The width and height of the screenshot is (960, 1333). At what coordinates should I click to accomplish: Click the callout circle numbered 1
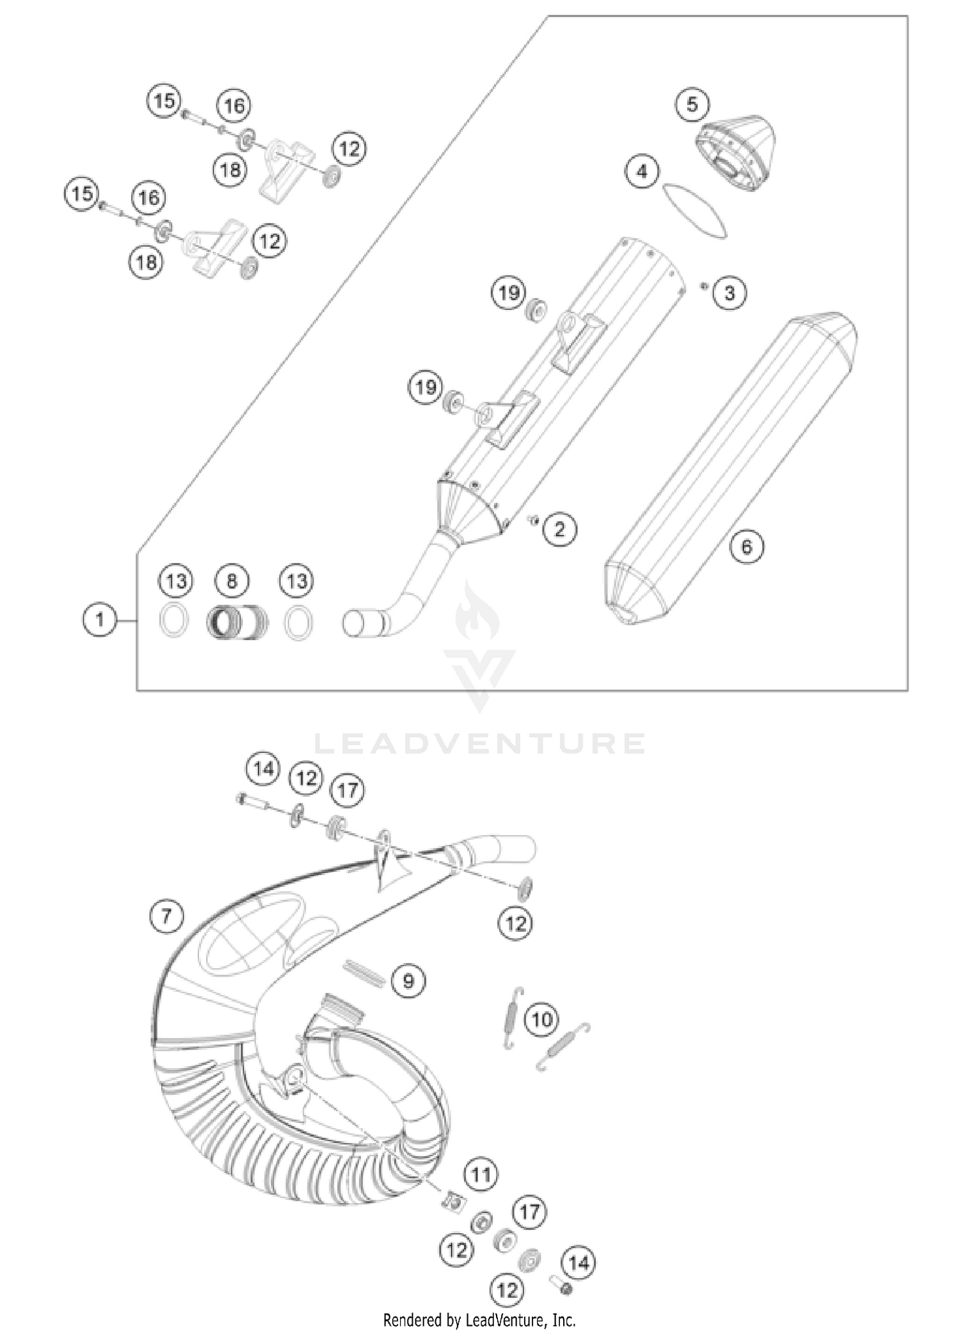click(100, 620)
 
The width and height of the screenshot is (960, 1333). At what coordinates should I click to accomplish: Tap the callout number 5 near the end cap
click(692, 104)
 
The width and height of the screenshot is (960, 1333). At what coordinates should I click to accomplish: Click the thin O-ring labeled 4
click(695, 212)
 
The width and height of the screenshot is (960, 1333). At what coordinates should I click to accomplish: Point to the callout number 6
click(747, 547)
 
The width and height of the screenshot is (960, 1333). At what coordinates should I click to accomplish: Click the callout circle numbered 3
click(729, 293)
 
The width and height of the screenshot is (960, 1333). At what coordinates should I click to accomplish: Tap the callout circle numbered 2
click(560, 529)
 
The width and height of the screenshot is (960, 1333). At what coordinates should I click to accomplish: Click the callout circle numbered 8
click(232, 581)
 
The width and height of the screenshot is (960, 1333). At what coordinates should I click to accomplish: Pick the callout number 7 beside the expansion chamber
click(166, 916)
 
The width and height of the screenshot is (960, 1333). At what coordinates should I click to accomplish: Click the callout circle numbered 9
click(409, 980)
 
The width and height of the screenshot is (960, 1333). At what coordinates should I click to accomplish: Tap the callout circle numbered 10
click(541, 1018)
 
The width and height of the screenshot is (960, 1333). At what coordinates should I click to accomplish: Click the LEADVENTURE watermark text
click(480, 744)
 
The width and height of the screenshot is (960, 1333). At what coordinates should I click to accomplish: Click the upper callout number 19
click(509, 293)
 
